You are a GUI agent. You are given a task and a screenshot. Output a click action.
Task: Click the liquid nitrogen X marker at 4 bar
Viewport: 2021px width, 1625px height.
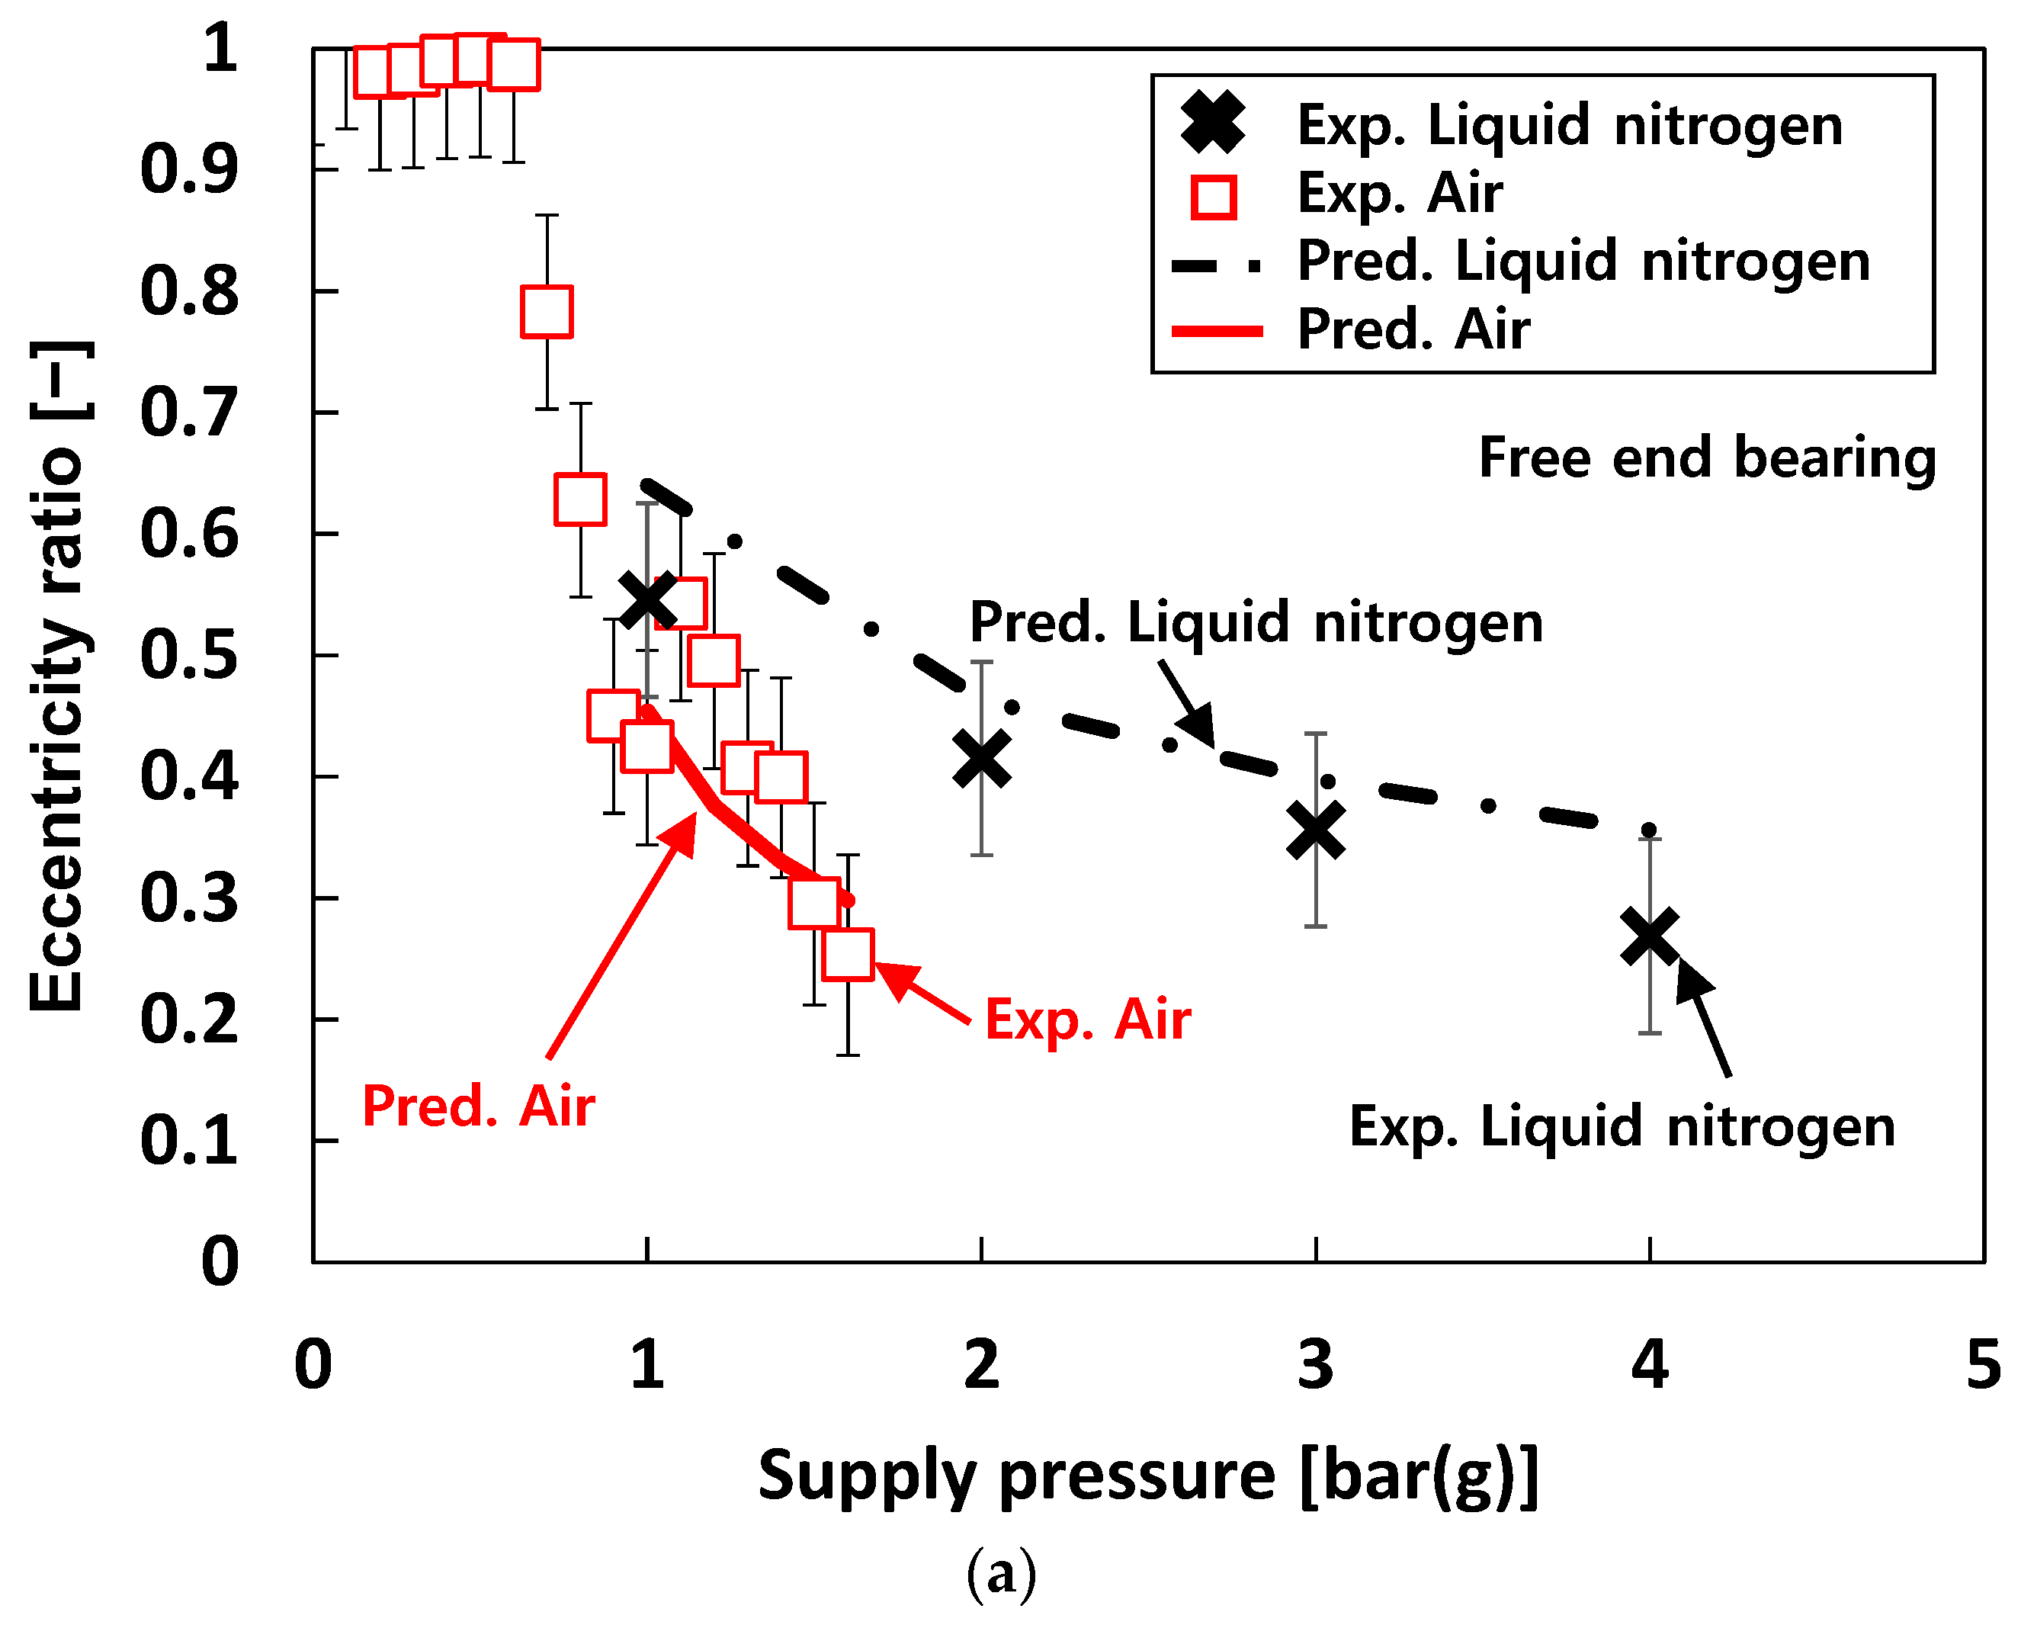1649,936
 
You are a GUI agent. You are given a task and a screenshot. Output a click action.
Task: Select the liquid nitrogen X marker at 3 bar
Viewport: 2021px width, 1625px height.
1315,830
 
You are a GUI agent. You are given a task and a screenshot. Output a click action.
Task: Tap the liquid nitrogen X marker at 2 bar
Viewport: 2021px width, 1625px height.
981,759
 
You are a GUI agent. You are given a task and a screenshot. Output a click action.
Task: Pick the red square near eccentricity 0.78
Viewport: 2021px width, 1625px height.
547,311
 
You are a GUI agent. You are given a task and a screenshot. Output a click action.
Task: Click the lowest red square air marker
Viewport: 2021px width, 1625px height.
848,955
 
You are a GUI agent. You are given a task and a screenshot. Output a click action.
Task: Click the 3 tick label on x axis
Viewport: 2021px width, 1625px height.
1315,1365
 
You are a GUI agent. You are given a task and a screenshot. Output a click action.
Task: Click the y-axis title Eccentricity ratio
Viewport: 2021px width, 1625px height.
58,675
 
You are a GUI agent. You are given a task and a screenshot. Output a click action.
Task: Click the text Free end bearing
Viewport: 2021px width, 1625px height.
1707,458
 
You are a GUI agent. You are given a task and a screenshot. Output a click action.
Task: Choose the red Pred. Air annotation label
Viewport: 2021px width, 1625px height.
478,1106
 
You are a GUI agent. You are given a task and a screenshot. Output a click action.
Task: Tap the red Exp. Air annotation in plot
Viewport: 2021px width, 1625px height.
1087,1020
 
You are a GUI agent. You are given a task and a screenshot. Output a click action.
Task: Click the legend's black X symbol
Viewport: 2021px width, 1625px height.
1212,124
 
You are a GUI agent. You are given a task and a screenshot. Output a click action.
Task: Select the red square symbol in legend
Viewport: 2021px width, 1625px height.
1213,197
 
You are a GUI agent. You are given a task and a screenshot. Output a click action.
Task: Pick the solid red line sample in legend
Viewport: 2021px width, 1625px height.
1217,331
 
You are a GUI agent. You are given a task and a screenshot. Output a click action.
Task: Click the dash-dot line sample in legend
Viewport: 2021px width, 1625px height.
1217,265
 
